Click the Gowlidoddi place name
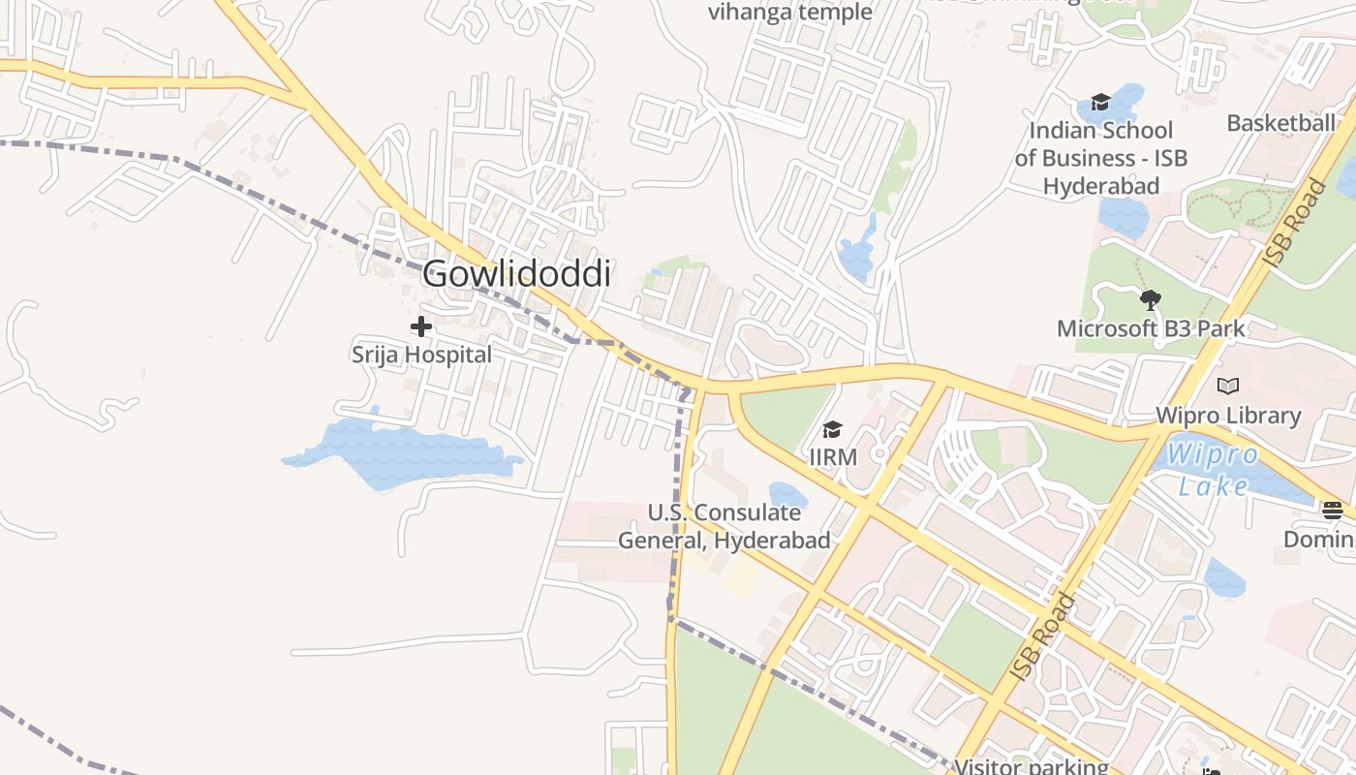516,274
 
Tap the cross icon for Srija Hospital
421,326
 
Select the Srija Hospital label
421,355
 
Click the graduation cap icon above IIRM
832,429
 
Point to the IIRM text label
833,455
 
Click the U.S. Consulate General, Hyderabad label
724,526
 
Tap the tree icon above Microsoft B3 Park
1151,300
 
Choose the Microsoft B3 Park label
1151,328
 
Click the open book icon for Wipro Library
1228,387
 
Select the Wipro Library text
1228,416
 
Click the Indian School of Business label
1101,158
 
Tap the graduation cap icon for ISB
1100,102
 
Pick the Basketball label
1280,123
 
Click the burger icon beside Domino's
1333,510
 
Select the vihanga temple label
790,13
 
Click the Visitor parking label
1032,766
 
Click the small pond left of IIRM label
787,496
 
